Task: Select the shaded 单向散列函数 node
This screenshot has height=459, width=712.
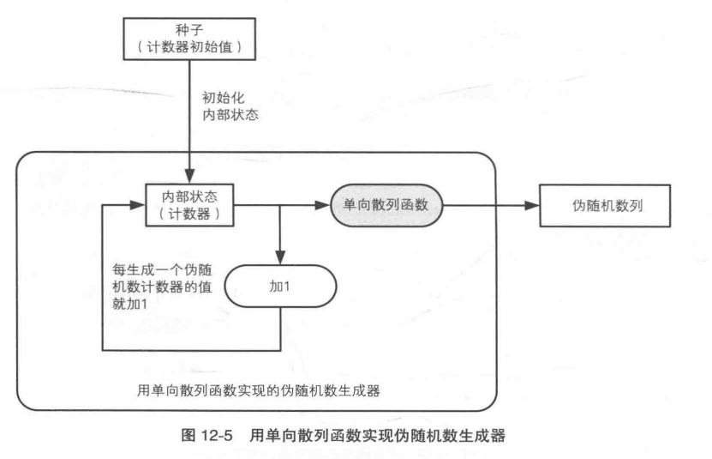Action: coord(386,206)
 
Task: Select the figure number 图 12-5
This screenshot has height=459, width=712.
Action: coord(212,435)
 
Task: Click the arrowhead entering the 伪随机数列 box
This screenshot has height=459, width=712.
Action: coord(532,206)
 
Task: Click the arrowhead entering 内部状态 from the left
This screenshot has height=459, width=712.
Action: coord(138,206)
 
